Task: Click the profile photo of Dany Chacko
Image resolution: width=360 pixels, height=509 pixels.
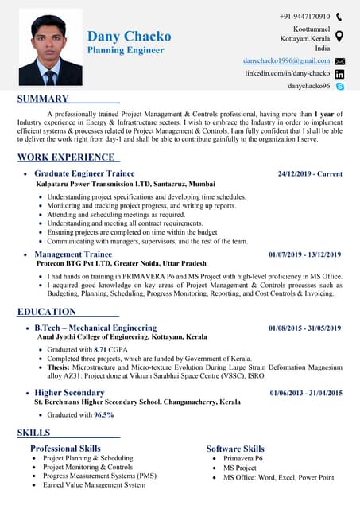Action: [51, 50]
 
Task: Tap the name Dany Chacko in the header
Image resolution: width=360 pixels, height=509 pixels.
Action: [129, 37]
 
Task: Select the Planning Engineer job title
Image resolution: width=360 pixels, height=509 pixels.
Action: [126, 50]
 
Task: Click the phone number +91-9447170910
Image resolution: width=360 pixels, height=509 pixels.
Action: [304, 16]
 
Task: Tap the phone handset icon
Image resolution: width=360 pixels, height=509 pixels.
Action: [339, 16]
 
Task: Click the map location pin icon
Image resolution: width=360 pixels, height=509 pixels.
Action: [339, 37]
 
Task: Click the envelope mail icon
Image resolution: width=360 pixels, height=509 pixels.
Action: [339, 60]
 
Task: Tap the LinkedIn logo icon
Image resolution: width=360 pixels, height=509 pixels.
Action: [339, 73]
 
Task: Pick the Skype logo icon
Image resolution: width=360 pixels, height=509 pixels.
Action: [339, 85]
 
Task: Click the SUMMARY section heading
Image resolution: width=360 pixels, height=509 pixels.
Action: [43, 99]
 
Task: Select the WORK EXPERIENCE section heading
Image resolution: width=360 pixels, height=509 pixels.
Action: [65, 157]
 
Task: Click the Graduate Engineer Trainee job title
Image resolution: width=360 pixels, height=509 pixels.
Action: [84, 173]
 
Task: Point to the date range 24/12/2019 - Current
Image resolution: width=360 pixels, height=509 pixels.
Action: [310, 173]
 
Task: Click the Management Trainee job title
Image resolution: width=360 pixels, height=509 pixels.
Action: [73, 254]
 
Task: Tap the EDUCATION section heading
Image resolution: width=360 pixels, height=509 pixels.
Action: [47, 312]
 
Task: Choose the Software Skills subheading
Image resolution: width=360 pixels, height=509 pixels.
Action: [235, 449]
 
